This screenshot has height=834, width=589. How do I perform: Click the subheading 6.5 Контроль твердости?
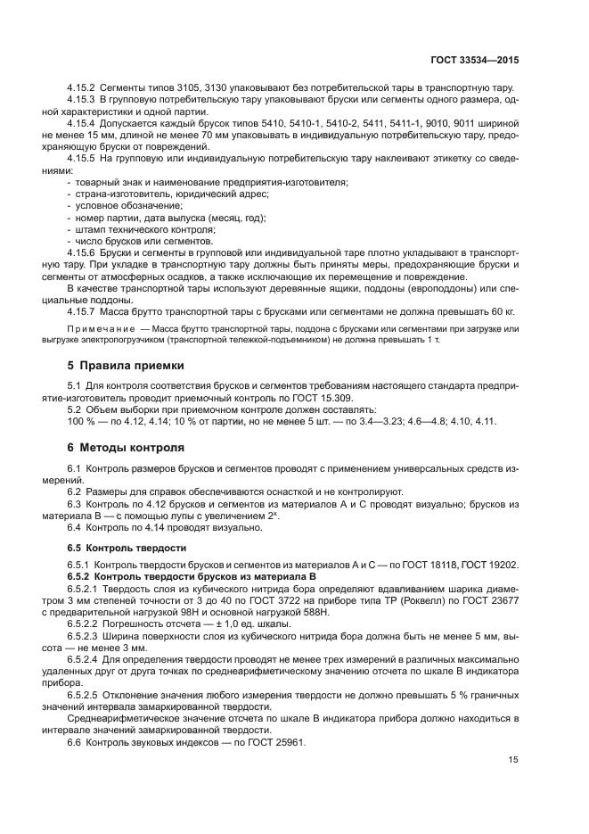coord(122,547)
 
